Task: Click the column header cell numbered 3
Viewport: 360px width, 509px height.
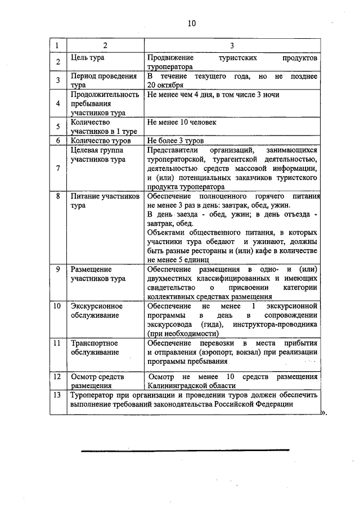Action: coord(232,45)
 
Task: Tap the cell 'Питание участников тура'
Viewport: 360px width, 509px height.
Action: coord(105,201)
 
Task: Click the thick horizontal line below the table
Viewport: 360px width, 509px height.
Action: coord(185,450)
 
